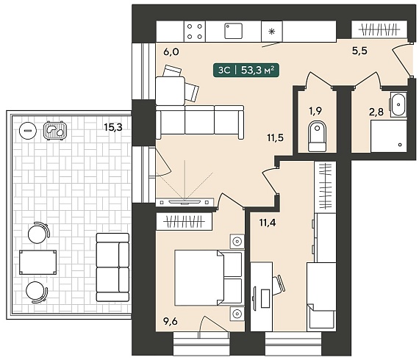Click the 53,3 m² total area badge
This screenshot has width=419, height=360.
tap(246, 70)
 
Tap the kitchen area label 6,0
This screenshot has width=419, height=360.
tap(171, 51)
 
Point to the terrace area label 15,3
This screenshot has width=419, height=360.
tap(113, 127)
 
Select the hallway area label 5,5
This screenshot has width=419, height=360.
tap(359, 51)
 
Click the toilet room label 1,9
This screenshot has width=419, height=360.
tap(315, 110)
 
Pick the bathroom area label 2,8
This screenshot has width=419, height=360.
tap(376, 112)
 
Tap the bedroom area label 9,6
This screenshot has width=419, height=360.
tap(171, 321)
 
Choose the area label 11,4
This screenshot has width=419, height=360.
tap(268, 222)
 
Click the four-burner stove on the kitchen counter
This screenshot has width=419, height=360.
tap(195, 32)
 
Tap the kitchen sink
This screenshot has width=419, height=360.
tap(233, 31)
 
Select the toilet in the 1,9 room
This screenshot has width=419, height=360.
tap(317, 137)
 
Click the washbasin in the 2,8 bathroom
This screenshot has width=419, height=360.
tap(398, 104)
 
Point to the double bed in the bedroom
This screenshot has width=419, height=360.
tap(209, 278)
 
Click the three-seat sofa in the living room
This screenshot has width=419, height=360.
tap(200, 122)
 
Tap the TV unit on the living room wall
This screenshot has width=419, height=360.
tap(185, 202)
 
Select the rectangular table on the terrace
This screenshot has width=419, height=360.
tap(37, 262)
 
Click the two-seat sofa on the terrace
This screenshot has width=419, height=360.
tap(112, 267)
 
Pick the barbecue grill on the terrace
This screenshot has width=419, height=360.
tap(55, 130)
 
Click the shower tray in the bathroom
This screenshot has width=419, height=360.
tap(389, 136)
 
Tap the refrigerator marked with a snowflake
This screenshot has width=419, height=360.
tap(272, 32)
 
